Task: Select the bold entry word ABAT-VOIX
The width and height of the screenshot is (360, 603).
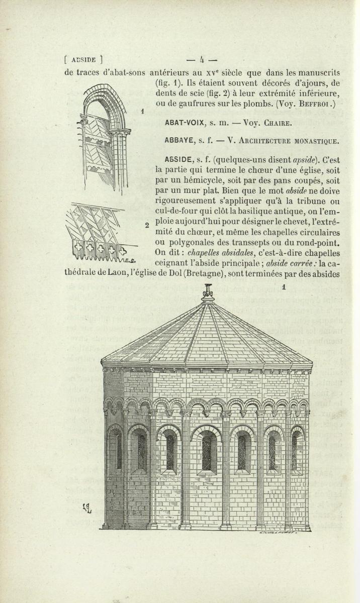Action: pyautogui.click(x=184, y=122)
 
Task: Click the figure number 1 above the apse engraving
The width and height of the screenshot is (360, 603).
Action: pyautogui.click(x=284, y=287)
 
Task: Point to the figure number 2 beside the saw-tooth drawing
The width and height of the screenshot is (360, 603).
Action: pyautogui.click(x=147, y=225)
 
